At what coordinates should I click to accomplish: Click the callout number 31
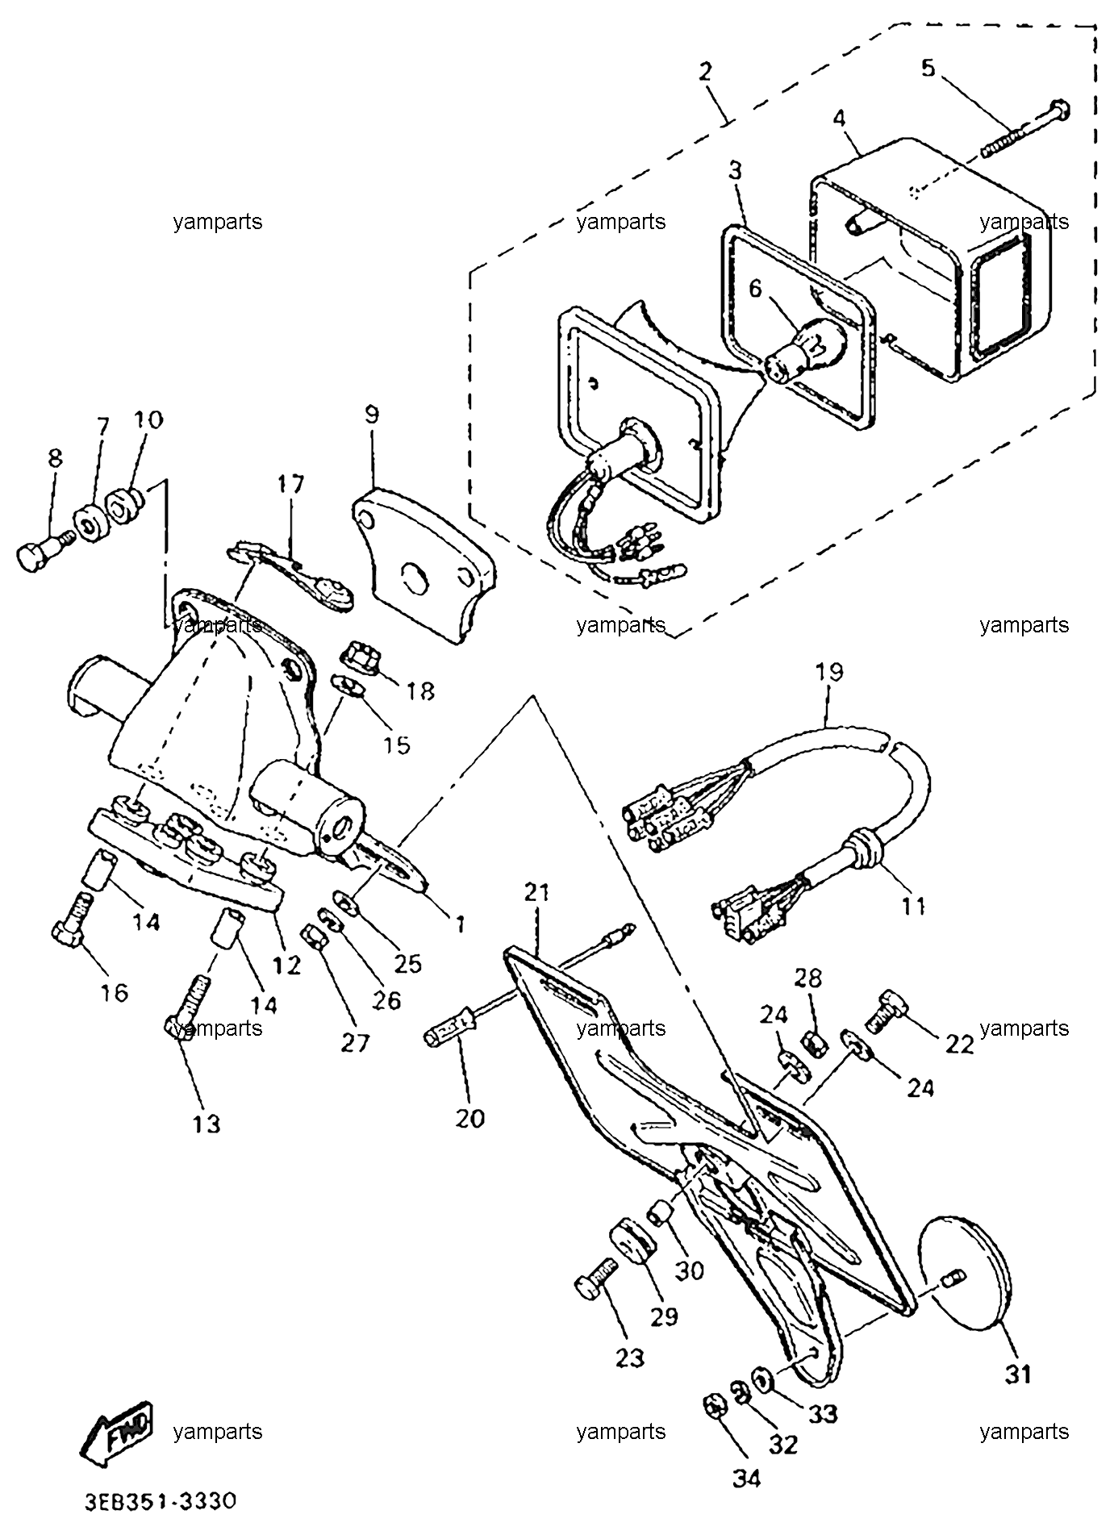1018,1374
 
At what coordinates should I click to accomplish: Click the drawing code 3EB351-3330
161,1501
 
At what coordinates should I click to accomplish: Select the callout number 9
370,415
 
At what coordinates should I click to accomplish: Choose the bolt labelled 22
887,1011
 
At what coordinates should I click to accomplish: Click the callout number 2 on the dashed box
706,71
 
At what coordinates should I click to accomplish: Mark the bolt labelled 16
72,920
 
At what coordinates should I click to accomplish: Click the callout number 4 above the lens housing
839,119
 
